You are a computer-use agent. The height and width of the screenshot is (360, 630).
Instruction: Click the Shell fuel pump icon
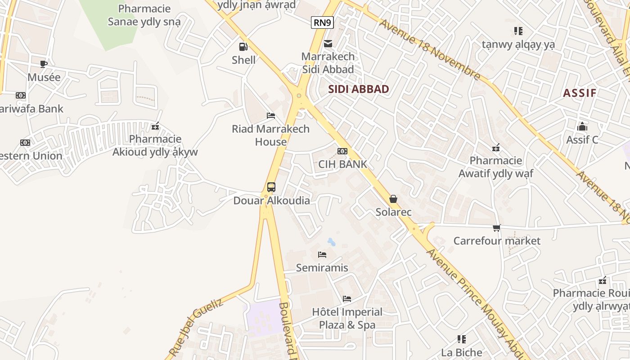click(243, 46)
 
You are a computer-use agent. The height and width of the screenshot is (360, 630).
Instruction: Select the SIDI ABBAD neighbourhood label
click(358, 89)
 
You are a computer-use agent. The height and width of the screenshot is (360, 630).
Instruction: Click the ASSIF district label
click(580, 93)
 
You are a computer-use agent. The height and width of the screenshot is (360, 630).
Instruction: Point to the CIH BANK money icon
click(342, 151)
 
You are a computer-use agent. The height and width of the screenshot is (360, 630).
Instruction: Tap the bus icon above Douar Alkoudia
click(271, 187)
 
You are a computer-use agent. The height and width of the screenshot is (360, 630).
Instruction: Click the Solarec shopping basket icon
click(393, 199)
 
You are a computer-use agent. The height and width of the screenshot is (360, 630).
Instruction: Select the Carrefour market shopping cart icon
click(496, 228)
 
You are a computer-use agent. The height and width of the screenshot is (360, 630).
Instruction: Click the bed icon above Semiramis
click(322, 255)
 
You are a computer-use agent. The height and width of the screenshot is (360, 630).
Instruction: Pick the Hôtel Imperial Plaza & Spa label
click(347, 318)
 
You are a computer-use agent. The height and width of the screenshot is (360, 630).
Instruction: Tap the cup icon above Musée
click(44, 64)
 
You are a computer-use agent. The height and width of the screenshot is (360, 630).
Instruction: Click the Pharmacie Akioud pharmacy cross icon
click(155, 126)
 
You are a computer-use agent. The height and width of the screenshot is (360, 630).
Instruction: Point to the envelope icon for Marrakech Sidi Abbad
click(328, 44)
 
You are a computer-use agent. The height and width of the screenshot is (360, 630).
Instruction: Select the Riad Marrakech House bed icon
click(271, 116)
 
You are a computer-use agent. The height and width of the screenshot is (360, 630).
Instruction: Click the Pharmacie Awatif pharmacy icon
click(496, 148)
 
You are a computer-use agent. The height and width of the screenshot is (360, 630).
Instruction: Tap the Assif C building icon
click(582, 127)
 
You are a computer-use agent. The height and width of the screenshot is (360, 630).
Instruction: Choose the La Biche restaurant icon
click(462, 339)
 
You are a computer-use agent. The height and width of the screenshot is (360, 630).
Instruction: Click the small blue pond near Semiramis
click(332, 242)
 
